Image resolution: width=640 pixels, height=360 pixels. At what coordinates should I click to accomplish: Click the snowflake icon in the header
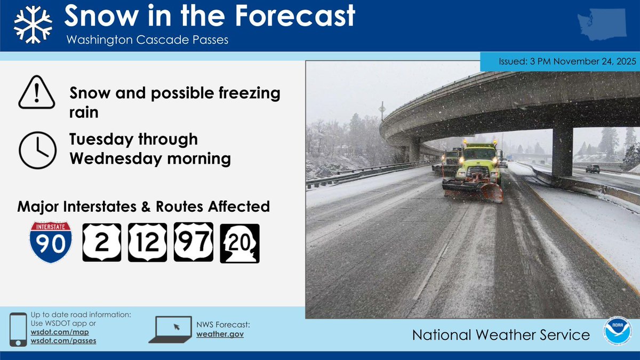coord(33,25)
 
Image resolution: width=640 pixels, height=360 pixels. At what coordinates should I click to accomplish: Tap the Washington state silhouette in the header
coord(602,25)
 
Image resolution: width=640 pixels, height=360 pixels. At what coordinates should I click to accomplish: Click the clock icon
coord(37,150)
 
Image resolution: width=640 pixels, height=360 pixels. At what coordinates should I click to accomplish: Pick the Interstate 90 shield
coord(51,242)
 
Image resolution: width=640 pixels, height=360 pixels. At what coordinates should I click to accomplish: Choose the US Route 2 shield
coord(102,243)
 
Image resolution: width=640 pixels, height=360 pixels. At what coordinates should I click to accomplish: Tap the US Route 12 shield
coord(147,243)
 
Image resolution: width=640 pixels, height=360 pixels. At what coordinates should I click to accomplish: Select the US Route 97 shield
coord(194,242)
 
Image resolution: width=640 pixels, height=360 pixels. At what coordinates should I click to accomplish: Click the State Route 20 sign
coord(239,243)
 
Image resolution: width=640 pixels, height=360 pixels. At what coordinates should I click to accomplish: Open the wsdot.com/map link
coord(60,332)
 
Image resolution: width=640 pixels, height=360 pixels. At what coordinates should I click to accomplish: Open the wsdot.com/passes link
coord(63,341)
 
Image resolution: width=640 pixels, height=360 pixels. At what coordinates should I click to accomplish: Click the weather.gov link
coord(220,334)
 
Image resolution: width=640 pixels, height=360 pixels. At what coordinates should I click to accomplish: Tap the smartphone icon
coord(18,330)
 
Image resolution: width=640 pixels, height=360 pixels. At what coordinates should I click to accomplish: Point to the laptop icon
coord(171,330)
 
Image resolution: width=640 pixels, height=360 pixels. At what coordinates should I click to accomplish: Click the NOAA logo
coord(617,331)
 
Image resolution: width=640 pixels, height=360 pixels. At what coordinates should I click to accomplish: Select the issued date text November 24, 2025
coord(595,61)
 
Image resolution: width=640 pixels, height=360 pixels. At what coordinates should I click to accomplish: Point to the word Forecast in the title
coord(295,15)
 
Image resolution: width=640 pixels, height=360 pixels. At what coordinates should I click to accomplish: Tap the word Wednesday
coord(116,159)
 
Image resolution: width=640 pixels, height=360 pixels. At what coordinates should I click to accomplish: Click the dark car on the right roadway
coord(593,169)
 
